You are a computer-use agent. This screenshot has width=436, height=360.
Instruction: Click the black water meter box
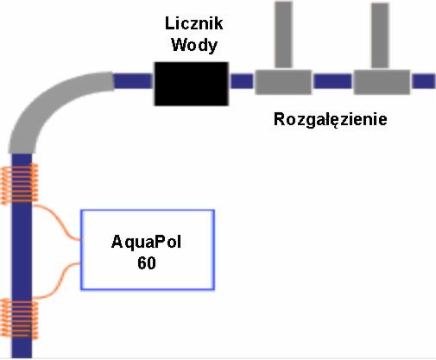[x=190, y=83]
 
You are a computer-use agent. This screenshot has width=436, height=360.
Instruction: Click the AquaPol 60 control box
[x=148, y=249]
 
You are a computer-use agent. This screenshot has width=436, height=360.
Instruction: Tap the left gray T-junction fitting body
[x=283, y=82]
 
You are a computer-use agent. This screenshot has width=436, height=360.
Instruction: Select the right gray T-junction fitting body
[x=381, y=82]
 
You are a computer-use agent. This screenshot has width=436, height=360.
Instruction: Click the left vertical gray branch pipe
[x=283, y=35]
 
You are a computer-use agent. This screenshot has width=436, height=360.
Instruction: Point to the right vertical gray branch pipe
[x=381, y=35]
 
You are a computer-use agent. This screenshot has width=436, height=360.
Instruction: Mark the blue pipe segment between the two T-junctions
[x=332, y=82]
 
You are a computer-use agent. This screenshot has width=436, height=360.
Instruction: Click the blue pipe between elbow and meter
[x=133, y=82]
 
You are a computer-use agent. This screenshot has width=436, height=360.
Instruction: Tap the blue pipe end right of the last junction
[x=423, y=82]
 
